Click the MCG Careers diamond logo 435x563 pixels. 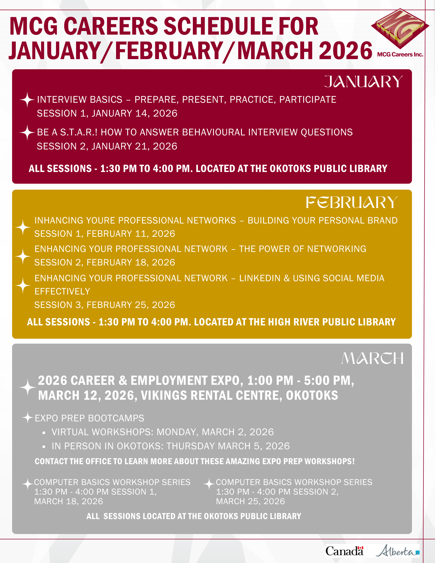(400, 28)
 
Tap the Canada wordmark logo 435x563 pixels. (344, 551)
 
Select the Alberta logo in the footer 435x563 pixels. (397, 551)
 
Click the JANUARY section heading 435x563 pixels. (363, 82)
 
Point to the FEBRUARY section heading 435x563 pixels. (352, 203)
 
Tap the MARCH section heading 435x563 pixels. (372, 359)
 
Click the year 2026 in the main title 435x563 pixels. (346, 51)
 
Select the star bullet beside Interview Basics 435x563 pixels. (27, 100)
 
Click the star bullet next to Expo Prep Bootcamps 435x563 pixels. (28, 417)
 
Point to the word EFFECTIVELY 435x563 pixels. (62, 291)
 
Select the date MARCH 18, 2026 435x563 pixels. (68, 501)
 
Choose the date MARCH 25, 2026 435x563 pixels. (250, 501)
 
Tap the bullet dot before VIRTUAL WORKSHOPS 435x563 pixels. (44, 433)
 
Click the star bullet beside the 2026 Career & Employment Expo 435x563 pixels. (27, 387)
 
